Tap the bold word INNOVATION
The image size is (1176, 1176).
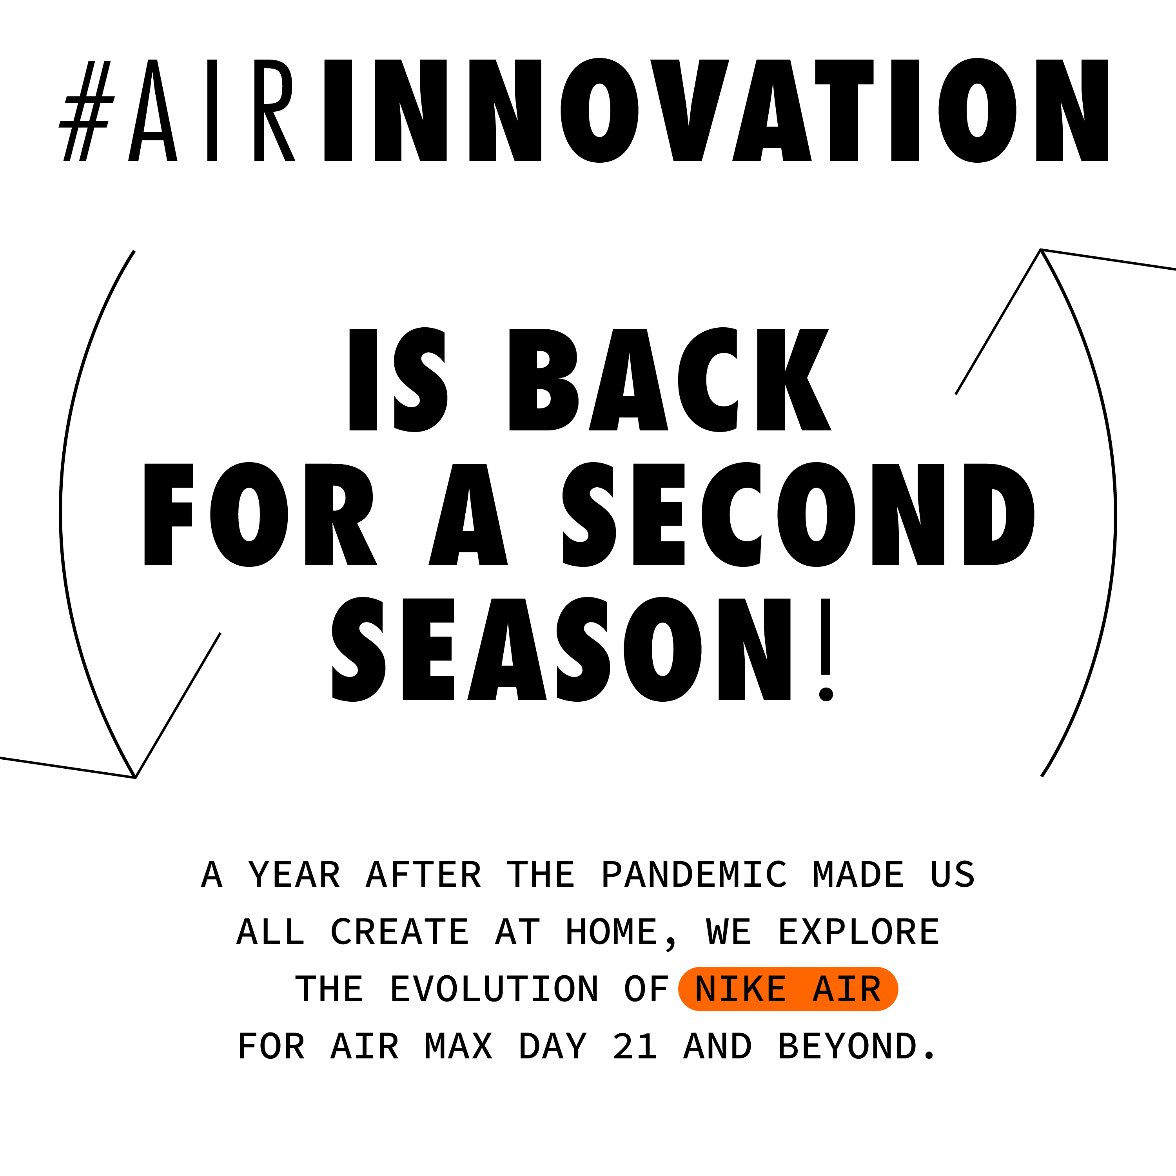pos(716,110)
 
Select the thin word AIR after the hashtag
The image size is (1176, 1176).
pos(212,110)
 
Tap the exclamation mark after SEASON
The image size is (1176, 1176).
pos(826,650)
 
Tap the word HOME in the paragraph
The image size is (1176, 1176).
pos(612,932)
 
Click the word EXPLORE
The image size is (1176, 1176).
pos(859,932)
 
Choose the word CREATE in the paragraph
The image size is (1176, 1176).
pos(400,932)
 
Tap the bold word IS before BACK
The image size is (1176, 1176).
pos(398,380)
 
